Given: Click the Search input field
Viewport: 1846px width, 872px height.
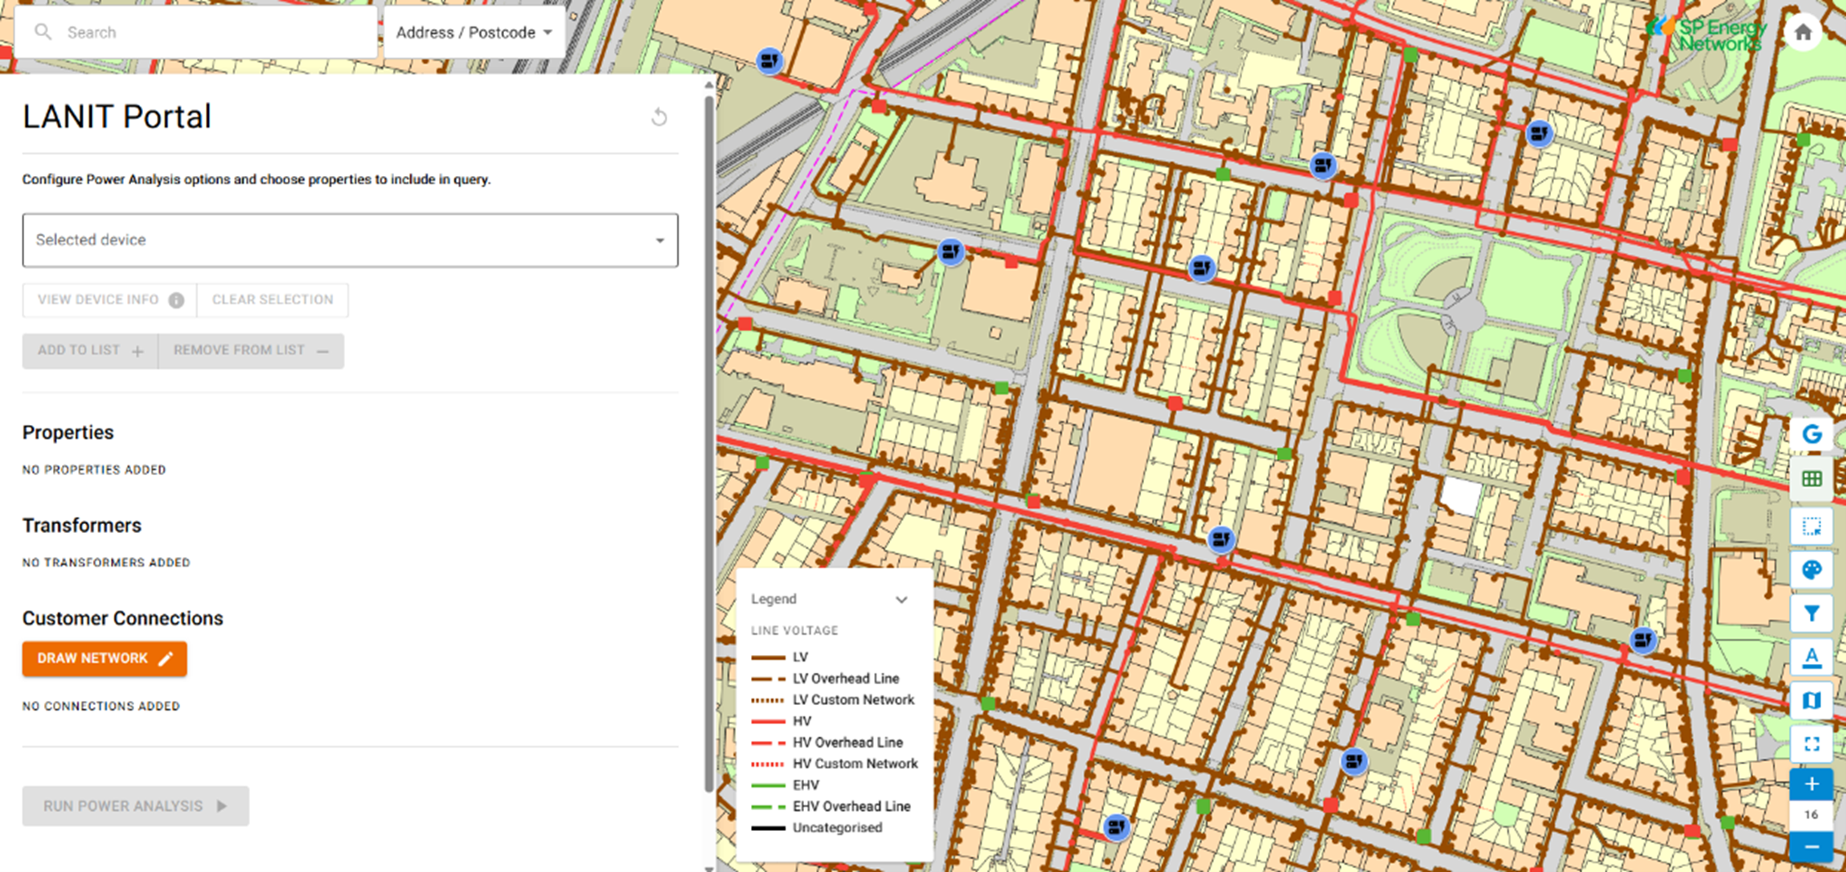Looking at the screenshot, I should coord(209,33).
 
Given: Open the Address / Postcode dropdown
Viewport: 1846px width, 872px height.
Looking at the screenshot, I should coord(474,33).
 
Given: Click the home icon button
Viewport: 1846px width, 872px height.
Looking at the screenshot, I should coord(1803,33).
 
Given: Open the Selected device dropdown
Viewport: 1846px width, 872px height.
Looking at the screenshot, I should coord(350,240).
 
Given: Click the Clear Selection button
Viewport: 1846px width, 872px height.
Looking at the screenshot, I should coord(273,300).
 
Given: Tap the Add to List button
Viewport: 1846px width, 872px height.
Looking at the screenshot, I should coord(90,350).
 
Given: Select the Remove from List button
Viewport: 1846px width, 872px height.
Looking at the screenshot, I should coord(251,350).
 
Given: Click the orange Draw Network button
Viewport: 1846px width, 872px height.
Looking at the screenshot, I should coord(105,659).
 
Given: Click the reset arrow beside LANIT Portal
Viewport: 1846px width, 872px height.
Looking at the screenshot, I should coord(659,117).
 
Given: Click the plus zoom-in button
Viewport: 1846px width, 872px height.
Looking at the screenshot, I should coord(1811,784).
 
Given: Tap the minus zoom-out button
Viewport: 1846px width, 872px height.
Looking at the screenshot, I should coord(1811,847).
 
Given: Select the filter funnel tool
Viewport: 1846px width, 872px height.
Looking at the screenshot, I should coord(1811,614).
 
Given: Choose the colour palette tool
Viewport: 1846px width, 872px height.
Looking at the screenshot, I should coord(1811,571).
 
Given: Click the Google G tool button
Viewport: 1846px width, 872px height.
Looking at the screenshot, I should coord(1811,435).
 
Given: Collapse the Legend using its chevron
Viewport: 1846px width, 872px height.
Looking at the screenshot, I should coord(901,600).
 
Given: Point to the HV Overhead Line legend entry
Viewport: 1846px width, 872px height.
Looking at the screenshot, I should coord(847,743).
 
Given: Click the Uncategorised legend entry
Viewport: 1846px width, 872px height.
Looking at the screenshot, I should coord(837,828).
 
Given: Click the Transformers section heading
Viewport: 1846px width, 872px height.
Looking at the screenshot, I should coord(82,526).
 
